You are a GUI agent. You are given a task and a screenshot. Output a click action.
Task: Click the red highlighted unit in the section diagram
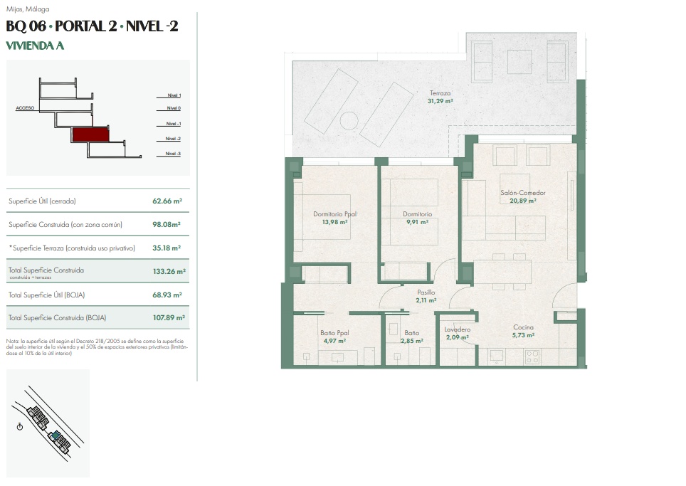90,134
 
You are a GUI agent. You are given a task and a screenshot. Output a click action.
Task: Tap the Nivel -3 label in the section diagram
173,154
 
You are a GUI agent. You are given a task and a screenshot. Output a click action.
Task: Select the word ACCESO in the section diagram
25,108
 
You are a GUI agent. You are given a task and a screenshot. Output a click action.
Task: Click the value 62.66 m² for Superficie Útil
167,201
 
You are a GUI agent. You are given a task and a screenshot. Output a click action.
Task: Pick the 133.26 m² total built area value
169,272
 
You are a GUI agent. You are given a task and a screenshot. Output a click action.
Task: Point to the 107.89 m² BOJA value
169,318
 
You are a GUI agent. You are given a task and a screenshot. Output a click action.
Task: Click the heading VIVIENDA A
35,46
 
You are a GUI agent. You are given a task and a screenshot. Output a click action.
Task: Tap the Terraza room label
440,93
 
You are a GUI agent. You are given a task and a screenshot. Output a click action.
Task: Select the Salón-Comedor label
523,192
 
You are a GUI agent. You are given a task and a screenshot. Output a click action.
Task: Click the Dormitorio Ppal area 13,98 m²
334,222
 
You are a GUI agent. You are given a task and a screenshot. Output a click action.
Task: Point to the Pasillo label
426,292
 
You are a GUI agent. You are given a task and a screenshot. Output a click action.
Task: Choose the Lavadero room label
457,329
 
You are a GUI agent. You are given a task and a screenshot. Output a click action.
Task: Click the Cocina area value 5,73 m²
523,336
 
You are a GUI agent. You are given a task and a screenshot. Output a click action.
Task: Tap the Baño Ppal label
334,333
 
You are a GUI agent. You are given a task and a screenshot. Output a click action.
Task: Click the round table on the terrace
349,121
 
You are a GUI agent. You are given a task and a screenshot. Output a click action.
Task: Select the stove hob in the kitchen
532,357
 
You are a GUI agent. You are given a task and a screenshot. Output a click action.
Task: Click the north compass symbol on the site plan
20,426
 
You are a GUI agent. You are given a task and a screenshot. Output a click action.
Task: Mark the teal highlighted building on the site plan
55,435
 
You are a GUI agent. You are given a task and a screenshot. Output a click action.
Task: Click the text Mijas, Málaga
28,9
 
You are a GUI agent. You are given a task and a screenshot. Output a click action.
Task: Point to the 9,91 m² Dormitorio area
418,222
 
